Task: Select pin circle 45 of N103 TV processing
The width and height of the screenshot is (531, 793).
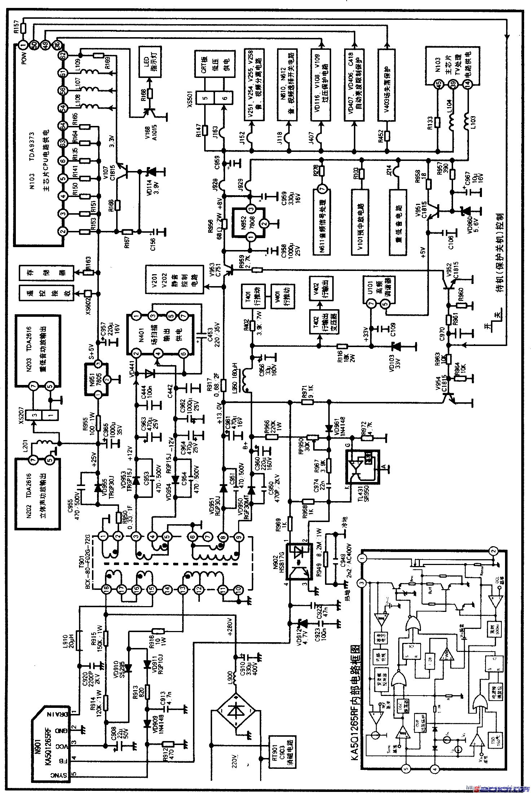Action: click(x=438, y=84)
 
